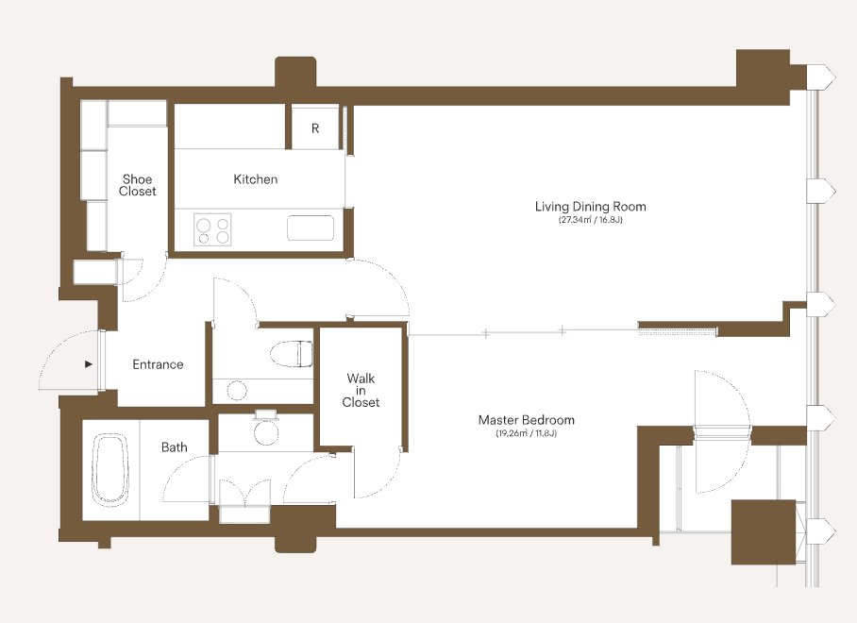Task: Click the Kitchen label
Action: point(255,179)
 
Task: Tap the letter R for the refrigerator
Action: point(315,128)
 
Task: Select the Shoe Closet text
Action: point(137,185)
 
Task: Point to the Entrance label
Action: point(158,364)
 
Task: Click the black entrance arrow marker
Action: point(89,364)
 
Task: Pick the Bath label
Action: point(175,447)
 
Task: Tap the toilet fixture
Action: point(291,354)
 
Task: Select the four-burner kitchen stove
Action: point(212,229)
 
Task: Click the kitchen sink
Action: point(310,227)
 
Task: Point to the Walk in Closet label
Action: point(361,390)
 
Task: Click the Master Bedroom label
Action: point(527,420)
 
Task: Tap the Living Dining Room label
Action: point(590,206)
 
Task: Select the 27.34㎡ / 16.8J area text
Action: point(590,220)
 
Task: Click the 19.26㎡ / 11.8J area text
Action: point(527,434)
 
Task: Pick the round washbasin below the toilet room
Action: point(266,431)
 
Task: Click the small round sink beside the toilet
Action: point(237,390)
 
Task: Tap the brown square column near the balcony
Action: point(764,531)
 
